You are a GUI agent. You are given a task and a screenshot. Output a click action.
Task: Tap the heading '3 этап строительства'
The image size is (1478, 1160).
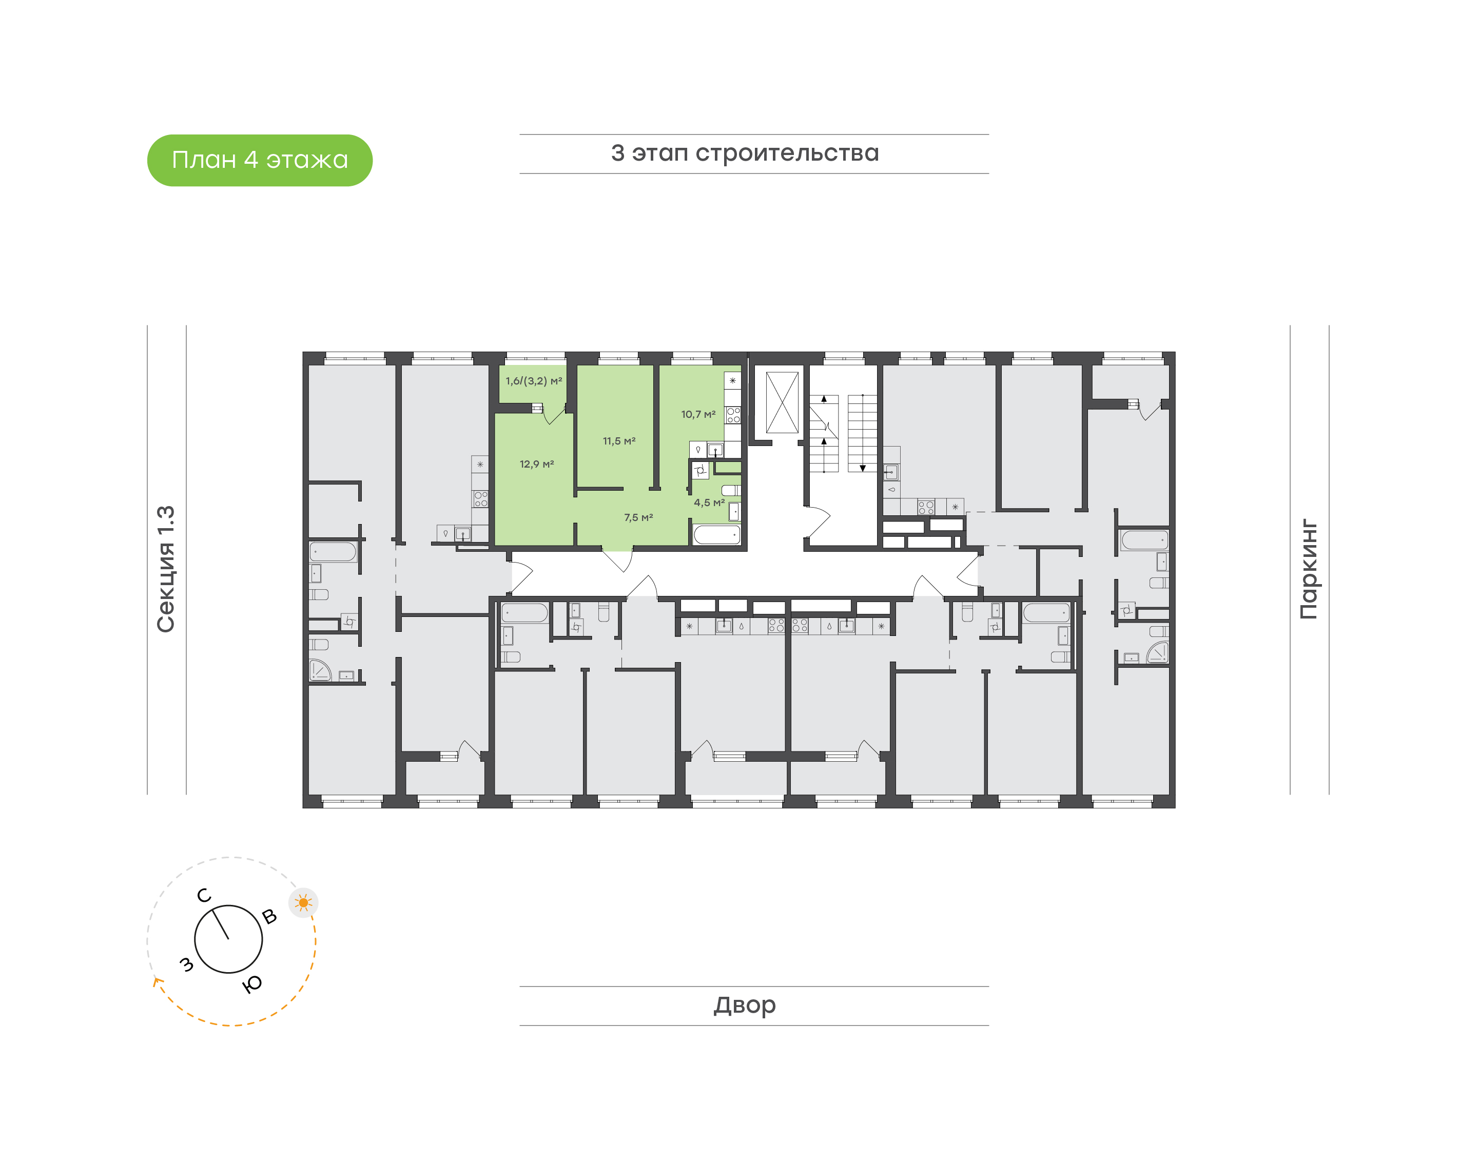(745, 153)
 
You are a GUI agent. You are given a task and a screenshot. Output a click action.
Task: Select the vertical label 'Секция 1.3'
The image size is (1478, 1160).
(166, 569)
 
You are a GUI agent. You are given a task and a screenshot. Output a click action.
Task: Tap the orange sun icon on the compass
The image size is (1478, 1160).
(303, 903)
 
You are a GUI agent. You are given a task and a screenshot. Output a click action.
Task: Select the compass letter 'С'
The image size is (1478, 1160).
(204, 896)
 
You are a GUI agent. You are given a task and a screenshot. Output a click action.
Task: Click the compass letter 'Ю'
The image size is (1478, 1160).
(252, 984)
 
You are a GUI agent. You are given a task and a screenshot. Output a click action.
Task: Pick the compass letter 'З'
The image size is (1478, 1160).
(186, 964)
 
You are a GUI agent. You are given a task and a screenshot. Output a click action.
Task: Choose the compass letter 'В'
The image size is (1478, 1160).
(269, 917)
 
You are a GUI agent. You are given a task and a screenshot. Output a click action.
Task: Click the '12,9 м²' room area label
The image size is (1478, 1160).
(537, 465)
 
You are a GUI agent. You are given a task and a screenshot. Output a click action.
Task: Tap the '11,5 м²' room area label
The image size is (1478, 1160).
(619, 441)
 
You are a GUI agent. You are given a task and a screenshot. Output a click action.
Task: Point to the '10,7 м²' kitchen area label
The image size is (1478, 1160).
(698, 414)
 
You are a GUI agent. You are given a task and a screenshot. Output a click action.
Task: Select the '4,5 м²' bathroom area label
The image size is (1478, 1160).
(709, 502)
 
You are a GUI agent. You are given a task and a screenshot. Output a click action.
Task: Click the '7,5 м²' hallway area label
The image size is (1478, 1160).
(639, 517)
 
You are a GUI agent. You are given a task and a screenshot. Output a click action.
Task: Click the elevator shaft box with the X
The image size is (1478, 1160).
(782, 402)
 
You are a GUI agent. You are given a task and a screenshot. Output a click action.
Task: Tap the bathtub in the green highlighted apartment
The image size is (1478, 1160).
(717, 534)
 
